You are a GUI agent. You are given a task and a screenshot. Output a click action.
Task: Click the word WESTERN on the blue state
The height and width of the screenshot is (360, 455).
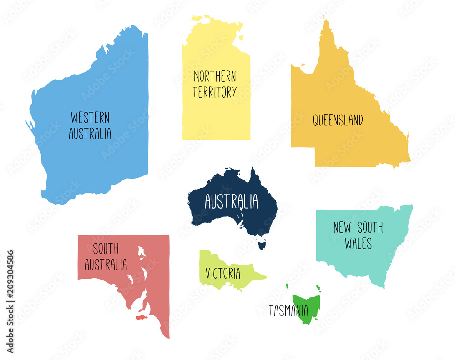[90, 117]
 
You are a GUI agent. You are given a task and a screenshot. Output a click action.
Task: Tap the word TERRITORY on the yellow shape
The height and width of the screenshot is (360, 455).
[214, 92]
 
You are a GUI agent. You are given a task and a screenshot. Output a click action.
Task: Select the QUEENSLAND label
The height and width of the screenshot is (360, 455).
[338, 120]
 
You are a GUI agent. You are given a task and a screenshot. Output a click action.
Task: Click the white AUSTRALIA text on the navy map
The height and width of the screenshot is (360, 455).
[231, 201]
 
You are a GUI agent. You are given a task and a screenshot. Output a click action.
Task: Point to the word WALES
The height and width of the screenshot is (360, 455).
[358, 243]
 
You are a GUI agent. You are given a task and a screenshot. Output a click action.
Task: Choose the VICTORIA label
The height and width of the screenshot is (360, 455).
[223, 273]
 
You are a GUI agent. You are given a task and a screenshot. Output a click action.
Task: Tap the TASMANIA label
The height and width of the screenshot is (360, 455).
[288, 311]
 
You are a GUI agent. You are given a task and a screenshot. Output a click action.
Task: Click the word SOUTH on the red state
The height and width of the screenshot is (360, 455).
[106, 249]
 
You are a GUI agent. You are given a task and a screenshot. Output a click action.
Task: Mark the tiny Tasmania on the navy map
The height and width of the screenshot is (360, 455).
[261, 245]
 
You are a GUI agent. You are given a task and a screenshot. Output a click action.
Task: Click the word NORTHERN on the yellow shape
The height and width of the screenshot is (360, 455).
[215, 76]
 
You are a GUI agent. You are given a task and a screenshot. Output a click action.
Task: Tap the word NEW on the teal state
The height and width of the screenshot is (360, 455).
[342, 227]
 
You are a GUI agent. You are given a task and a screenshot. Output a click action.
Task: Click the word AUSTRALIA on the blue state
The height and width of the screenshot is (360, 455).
[90, 133]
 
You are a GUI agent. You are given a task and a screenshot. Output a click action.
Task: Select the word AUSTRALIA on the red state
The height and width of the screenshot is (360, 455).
[106, 265]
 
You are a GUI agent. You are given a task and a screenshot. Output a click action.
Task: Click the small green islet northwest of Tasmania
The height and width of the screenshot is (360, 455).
[288, 286]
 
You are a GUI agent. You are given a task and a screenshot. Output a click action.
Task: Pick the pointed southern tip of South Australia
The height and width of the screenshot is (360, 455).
[168, 336]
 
